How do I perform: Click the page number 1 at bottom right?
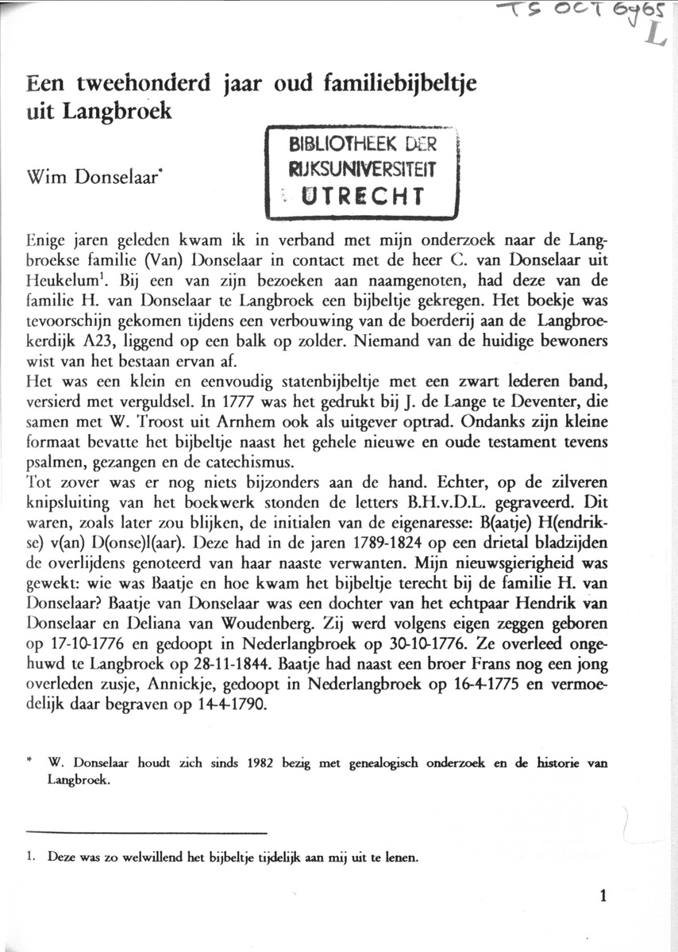point(605,898)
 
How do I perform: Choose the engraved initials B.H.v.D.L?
point(436,502)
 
